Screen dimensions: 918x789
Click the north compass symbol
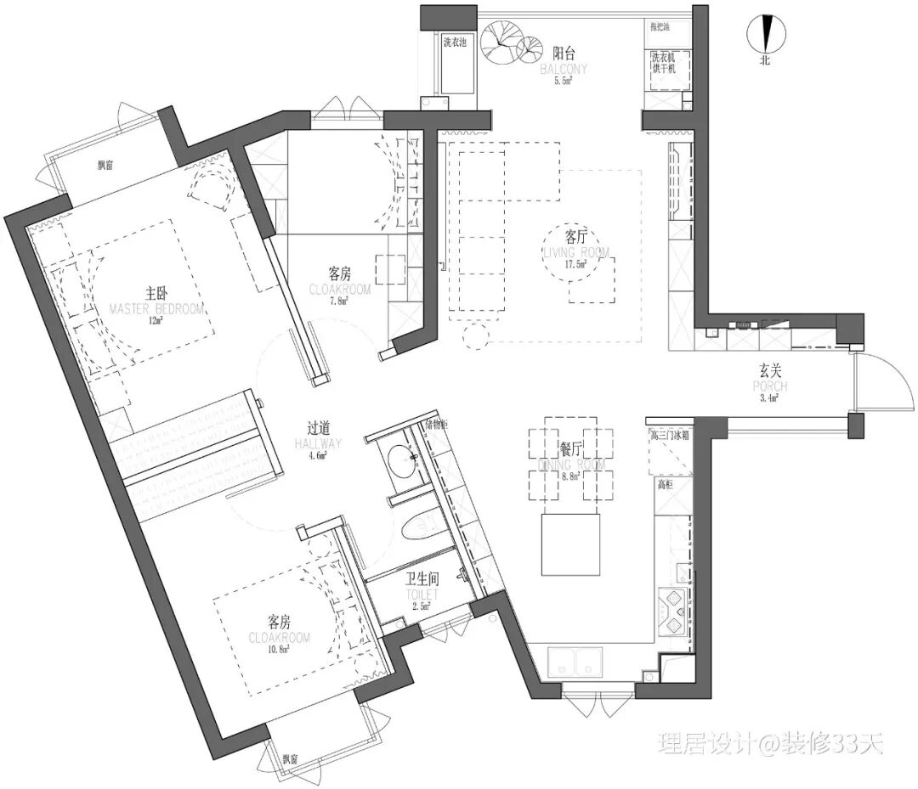[x=765, y=35]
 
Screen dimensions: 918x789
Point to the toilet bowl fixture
[x=419, y=527]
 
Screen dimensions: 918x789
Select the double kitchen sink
[x=575, y=661]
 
